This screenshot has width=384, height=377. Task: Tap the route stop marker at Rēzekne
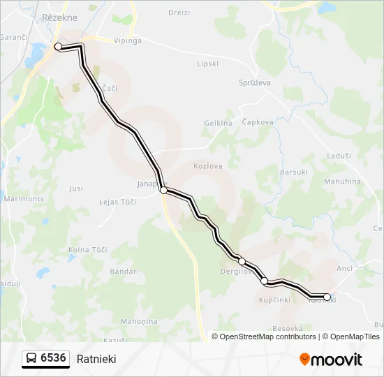click(x=58, y=47)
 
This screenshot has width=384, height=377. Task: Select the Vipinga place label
click(x=128, y=40)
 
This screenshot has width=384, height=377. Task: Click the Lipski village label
click(x=208, y=64)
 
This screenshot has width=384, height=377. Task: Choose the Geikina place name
click(x=218, y=123)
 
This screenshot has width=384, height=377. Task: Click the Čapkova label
click(x=257, y=121)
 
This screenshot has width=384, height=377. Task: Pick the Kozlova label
click(x=207, y=166)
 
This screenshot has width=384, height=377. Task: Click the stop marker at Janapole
click(x=163, y=190)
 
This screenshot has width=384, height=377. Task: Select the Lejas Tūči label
click(x=117, y=202)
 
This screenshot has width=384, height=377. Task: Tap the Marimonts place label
click(x=24, y=199)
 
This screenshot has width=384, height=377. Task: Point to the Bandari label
click(x=124, y=271)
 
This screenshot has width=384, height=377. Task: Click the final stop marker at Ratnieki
click(x=327, y=297)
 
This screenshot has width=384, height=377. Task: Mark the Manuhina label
click(x=342, y=182)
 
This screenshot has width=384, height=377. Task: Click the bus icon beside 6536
click(x=31, y=359)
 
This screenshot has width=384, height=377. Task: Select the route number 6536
click(x=54, y=359)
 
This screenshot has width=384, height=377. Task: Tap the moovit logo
click(x=330, y=360)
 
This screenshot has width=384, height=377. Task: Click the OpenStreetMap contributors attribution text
click(x=267, y=337)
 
